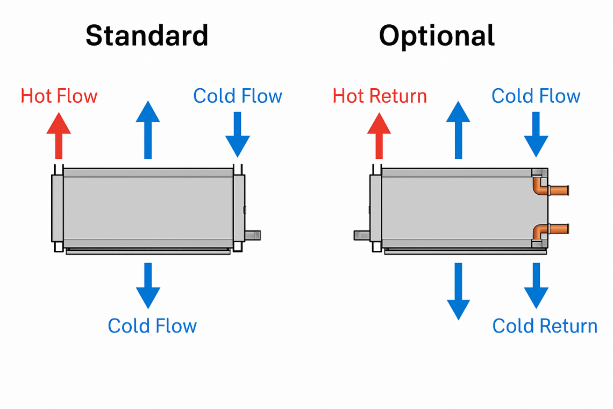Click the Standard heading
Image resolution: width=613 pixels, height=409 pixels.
147,36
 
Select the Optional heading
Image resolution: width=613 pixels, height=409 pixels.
437,36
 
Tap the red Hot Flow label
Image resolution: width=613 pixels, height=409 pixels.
59,96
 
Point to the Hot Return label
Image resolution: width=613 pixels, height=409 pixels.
380,96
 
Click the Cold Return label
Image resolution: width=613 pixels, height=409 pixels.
545,326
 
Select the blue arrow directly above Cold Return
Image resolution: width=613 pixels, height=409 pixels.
536,285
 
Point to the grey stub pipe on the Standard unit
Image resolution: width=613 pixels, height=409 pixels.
253,235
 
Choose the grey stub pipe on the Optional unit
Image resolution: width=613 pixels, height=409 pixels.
361,235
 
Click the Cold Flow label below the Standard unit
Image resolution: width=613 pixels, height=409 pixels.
152,326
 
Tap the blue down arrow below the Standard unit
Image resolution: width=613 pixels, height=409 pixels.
148,285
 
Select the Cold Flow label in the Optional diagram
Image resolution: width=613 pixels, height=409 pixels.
536,96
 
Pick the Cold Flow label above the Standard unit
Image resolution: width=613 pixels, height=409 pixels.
238,96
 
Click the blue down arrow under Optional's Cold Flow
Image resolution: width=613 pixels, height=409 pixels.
536,135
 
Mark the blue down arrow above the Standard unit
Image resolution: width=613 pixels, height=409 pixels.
238,135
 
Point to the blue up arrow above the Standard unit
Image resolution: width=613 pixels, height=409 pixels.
148,129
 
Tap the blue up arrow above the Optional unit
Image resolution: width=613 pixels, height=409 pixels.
458,129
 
